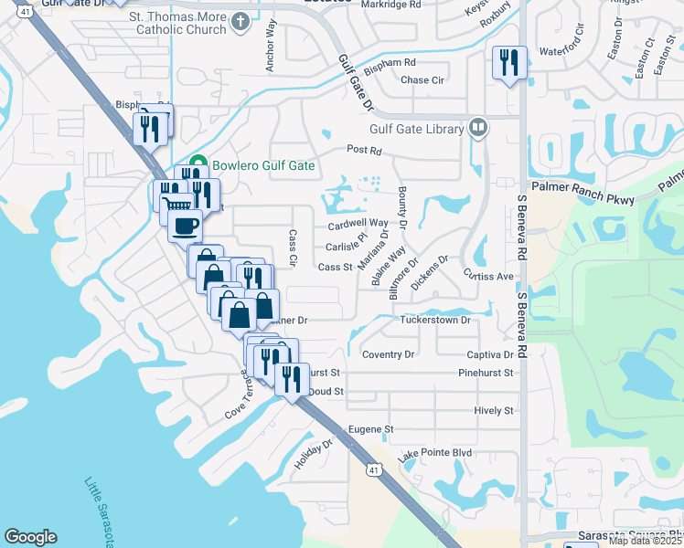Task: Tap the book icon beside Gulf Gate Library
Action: [477, 129]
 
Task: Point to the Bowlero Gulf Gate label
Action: [263, 165]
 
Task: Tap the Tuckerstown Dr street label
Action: [434, 321]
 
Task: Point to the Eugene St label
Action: [369, 428]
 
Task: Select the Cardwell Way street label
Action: [358, 223]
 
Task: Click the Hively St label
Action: [494, 411]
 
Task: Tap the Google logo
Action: [30, 537]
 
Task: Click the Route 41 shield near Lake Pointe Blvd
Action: [374, 469]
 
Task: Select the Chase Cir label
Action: [422, 80]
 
